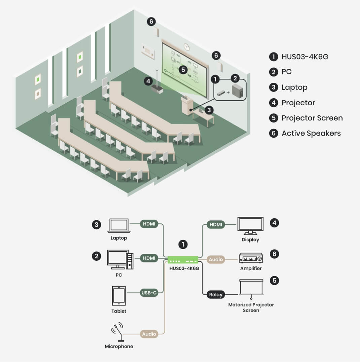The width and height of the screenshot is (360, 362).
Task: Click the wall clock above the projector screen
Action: point(187,46)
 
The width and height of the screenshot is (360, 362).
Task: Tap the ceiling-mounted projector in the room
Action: point(157,89)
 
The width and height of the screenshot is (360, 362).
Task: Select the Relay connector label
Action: point(216,295)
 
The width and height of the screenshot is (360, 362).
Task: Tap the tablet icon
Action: point(119,296)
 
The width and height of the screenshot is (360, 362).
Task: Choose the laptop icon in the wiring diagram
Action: point(119,225)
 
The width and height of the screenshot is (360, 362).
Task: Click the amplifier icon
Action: point(251,258)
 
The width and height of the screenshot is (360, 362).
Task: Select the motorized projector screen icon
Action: point(251,289)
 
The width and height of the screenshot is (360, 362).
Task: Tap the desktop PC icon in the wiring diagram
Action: point(120,259)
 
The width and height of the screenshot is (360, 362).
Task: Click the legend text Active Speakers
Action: point(311,133)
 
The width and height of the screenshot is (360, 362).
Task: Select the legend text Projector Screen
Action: point(312,118)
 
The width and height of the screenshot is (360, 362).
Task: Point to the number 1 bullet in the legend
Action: point(274,57)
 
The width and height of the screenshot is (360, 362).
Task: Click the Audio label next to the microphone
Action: point(149,334)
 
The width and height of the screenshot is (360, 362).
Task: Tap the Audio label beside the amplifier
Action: point(216,259)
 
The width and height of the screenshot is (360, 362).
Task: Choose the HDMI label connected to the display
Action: point(216,224)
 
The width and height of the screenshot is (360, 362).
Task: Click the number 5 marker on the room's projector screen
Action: point(183,70)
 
